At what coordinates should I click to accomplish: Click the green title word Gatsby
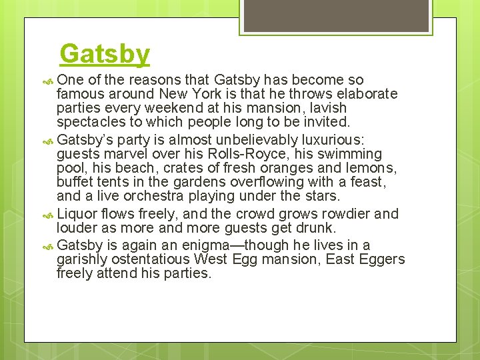[105, 54]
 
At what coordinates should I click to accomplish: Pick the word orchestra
[153, 196]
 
